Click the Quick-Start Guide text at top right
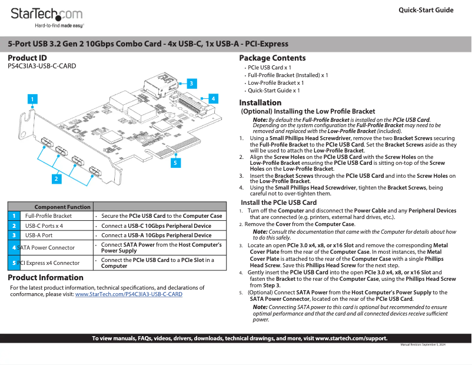(x=426, y=10)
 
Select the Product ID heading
(x=27, y=58)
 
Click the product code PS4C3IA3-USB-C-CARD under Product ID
(x=42, y=66)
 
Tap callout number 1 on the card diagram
(x=33, y=99)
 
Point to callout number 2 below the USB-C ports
(x=56, y=177)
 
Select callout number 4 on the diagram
(x=214, y=98)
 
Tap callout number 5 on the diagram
(x=175, y=161)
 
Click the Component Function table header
(x=62, y=207)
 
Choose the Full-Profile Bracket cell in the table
(x=48, y=216)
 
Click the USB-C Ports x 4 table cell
(x=44, y=225)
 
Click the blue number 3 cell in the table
(x=14, y=235)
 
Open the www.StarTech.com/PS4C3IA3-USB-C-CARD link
(x=128, y=294)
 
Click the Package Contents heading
(x=272, y=58)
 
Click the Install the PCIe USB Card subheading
(x=278, y=203)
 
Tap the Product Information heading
(x=45, y=277)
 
